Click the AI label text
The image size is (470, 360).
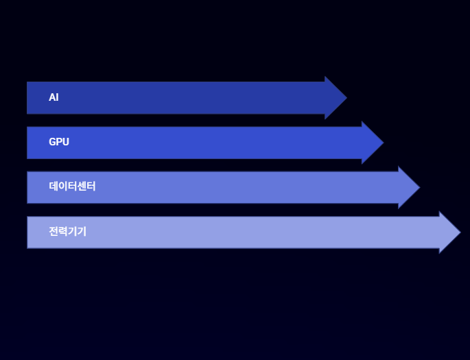coord(54,97)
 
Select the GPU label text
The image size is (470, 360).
coord(59,142)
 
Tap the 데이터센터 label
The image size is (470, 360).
coord(72,187)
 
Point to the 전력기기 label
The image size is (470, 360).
coord(67,231)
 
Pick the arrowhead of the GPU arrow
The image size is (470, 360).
coord(372,143)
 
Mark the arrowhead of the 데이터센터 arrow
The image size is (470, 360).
coord(408,187)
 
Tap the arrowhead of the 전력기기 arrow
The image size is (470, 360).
coord(449,232)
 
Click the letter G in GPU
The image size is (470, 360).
coord(52,142)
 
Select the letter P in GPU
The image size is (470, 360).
coord(59,142)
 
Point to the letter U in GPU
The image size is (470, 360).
coord(66,142)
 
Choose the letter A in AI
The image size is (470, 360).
coord(51,97)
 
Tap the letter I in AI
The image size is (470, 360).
coord(57,97)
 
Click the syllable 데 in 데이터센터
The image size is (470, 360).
coord(54,187)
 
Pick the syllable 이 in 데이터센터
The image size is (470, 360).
coord(62,187)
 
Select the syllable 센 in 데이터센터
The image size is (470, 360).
coord(82,187)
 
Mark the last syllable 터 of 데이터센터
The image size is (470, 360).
coord(91,187)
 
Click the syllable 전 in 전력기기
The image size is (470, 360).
coord(54,231)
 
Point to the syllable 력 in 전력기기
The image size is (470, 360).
coord(62,231)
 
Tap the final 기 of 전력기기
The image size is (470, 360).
coord(82,231)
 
